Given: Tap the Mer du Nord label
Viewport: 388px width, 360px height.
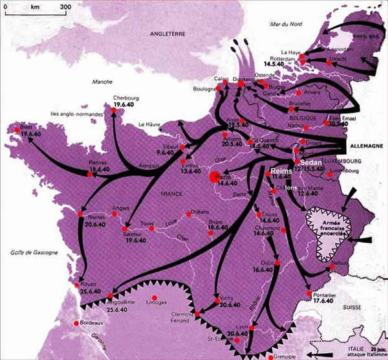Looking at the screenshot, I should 288,24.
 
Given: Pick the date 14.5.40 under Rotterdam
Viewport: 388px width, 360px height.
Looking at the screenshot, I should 277,63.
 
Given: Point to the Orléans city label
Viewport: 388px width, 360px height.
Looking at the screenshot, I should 199,212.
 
